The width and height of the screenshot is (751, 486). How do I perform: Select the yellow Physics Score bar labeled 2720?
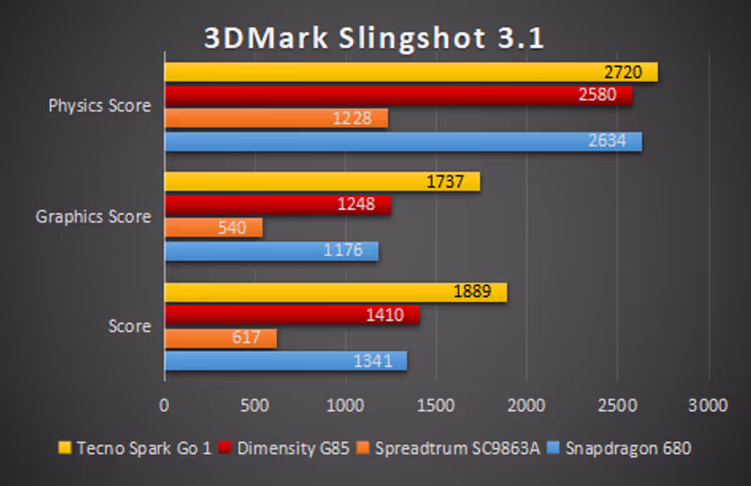410,72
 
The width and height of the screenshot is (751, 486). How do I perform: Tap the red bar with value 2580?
398,96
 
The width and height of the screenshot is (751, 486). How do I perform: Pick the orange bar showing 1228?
276,118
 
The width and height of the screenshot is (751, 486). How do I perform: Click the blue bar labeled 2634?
403,142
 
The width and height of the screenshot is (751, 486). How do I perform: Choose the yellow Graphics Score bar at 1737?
322,182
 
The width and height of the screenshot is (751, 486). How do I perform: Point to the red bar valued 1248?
277,205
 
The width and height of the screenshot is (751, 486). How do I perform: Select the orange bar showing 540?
213,228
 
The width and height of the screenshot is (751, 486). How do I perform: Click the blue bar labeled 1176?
270,251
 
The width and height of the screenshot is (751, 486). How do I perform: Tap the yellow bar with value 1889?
335,292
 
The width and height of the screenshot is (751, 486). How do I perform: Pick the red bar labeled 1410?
292,314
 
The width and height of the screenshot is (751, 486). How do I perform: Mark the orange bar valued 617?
220,338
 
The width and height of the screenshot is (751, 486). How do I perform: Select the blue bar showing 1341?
285,360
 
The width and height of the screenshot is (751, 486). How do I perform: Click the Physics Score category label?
100,106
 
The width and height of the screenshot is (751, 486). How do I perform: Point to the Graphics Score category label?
93,217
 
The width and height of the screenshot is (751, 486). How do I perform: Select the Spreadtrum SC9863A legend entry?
450,448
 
